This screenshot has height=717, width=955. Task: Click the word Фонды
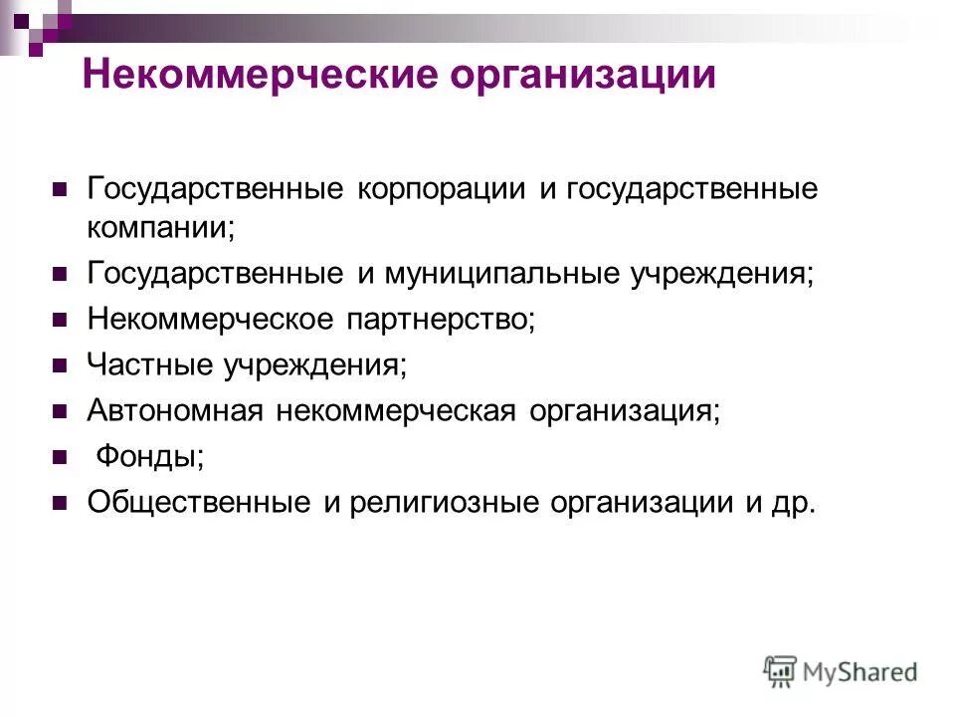(149, 457)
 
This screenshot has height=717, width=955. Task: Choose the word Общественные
(199, 503)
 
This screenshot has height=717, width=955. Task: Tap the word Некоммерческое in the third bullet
(210, 320)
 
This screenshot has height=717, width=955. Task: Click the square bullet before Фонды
(59, 457)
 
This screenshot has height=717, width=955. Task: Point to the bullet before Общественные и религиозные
(59, 503)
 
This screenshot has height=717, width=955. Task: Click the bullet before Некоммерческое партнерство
(59, 320)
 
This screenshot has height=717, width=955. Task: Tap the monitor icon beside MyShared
(781, 672)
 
